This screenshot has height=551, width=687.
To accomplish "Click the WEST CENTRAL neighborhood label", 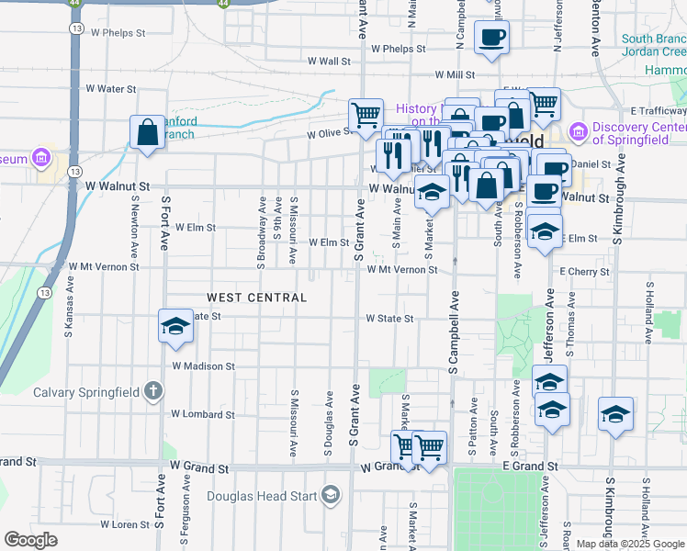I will click(256, 298).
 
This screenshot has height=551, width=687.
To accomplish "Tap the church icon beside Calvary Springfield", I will click(153, 392).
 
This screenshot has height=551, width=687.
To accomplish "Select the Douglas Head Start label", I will click(263, 497).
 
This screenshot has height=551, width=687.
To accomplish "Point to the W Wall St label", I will click(330, 62).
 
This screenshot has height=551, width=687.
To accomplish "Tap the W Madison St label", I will click(203, 365).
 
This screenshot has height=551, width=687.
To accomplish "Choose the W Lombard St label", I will click(203, 414).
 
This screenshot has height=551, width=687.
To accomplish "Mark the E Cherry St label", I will click(585, 272).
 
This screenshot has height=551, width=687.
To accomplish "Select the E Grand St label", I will click(529, 467).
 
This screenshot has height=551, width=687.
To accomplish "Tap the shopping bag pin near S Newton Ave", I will click(147, 133).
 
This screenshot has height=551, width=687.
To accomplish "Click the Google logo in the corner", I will click(31, 540).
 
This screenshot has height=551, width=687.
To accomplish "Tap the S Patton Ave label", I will click(473, 428).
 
